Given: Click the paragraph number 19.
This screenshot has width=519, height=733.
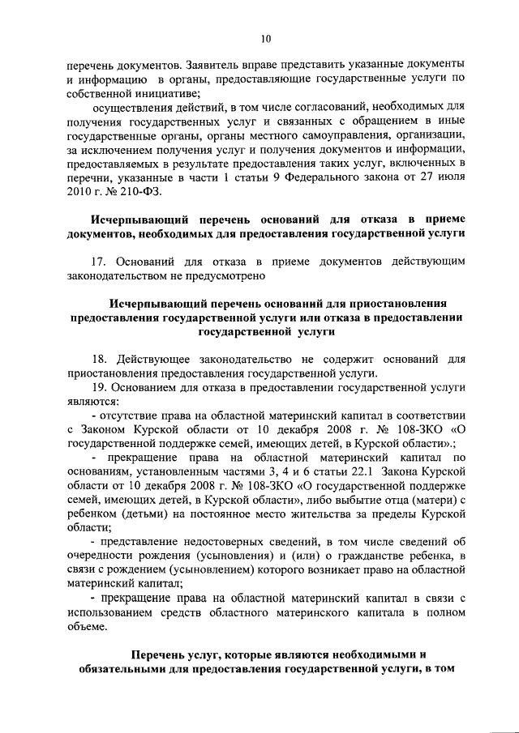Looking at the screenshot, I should tap(100, 388).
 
